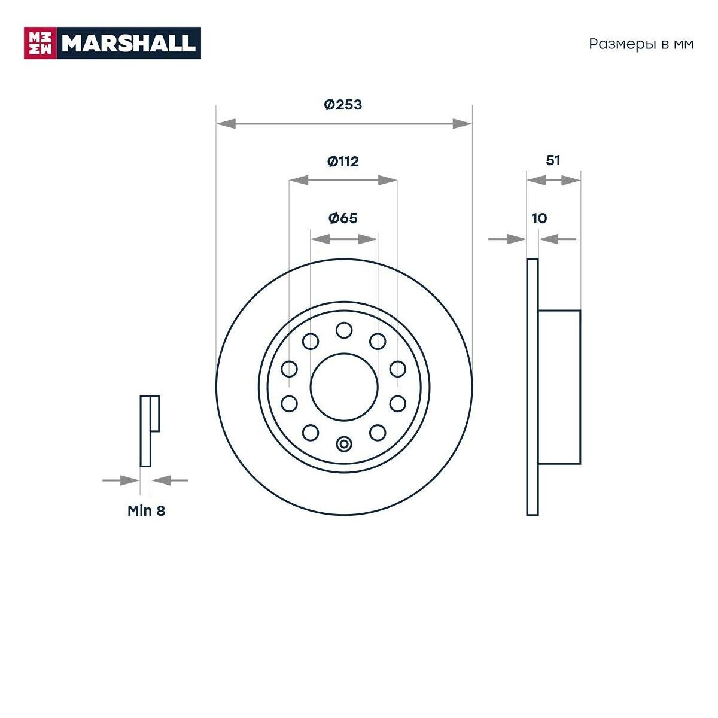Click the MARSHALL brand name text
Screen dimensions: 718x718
(129, 43)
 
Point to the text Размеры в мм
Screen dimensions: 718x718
(641, 44)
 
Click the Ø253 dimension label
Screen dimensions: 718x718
(343, 105)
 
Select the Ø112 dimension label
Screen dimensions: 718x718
(343, 161)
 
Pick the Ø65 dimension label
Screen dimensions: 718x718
(343, 218)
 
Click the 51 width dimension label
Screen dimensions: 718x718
(553, 160)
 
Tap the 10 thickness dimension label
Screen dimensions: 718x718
(539, 218)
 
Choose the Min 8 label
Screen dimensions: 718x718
(146, 511)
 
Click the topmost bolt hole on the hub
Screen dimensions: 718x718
(344, 330)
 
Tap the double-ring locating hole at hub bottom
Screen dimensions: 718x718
(344, 445)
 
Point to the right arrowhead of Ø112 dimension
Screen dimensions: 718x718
(388, 180)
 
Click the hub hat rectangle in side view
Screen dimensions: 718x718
(559, 387)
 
